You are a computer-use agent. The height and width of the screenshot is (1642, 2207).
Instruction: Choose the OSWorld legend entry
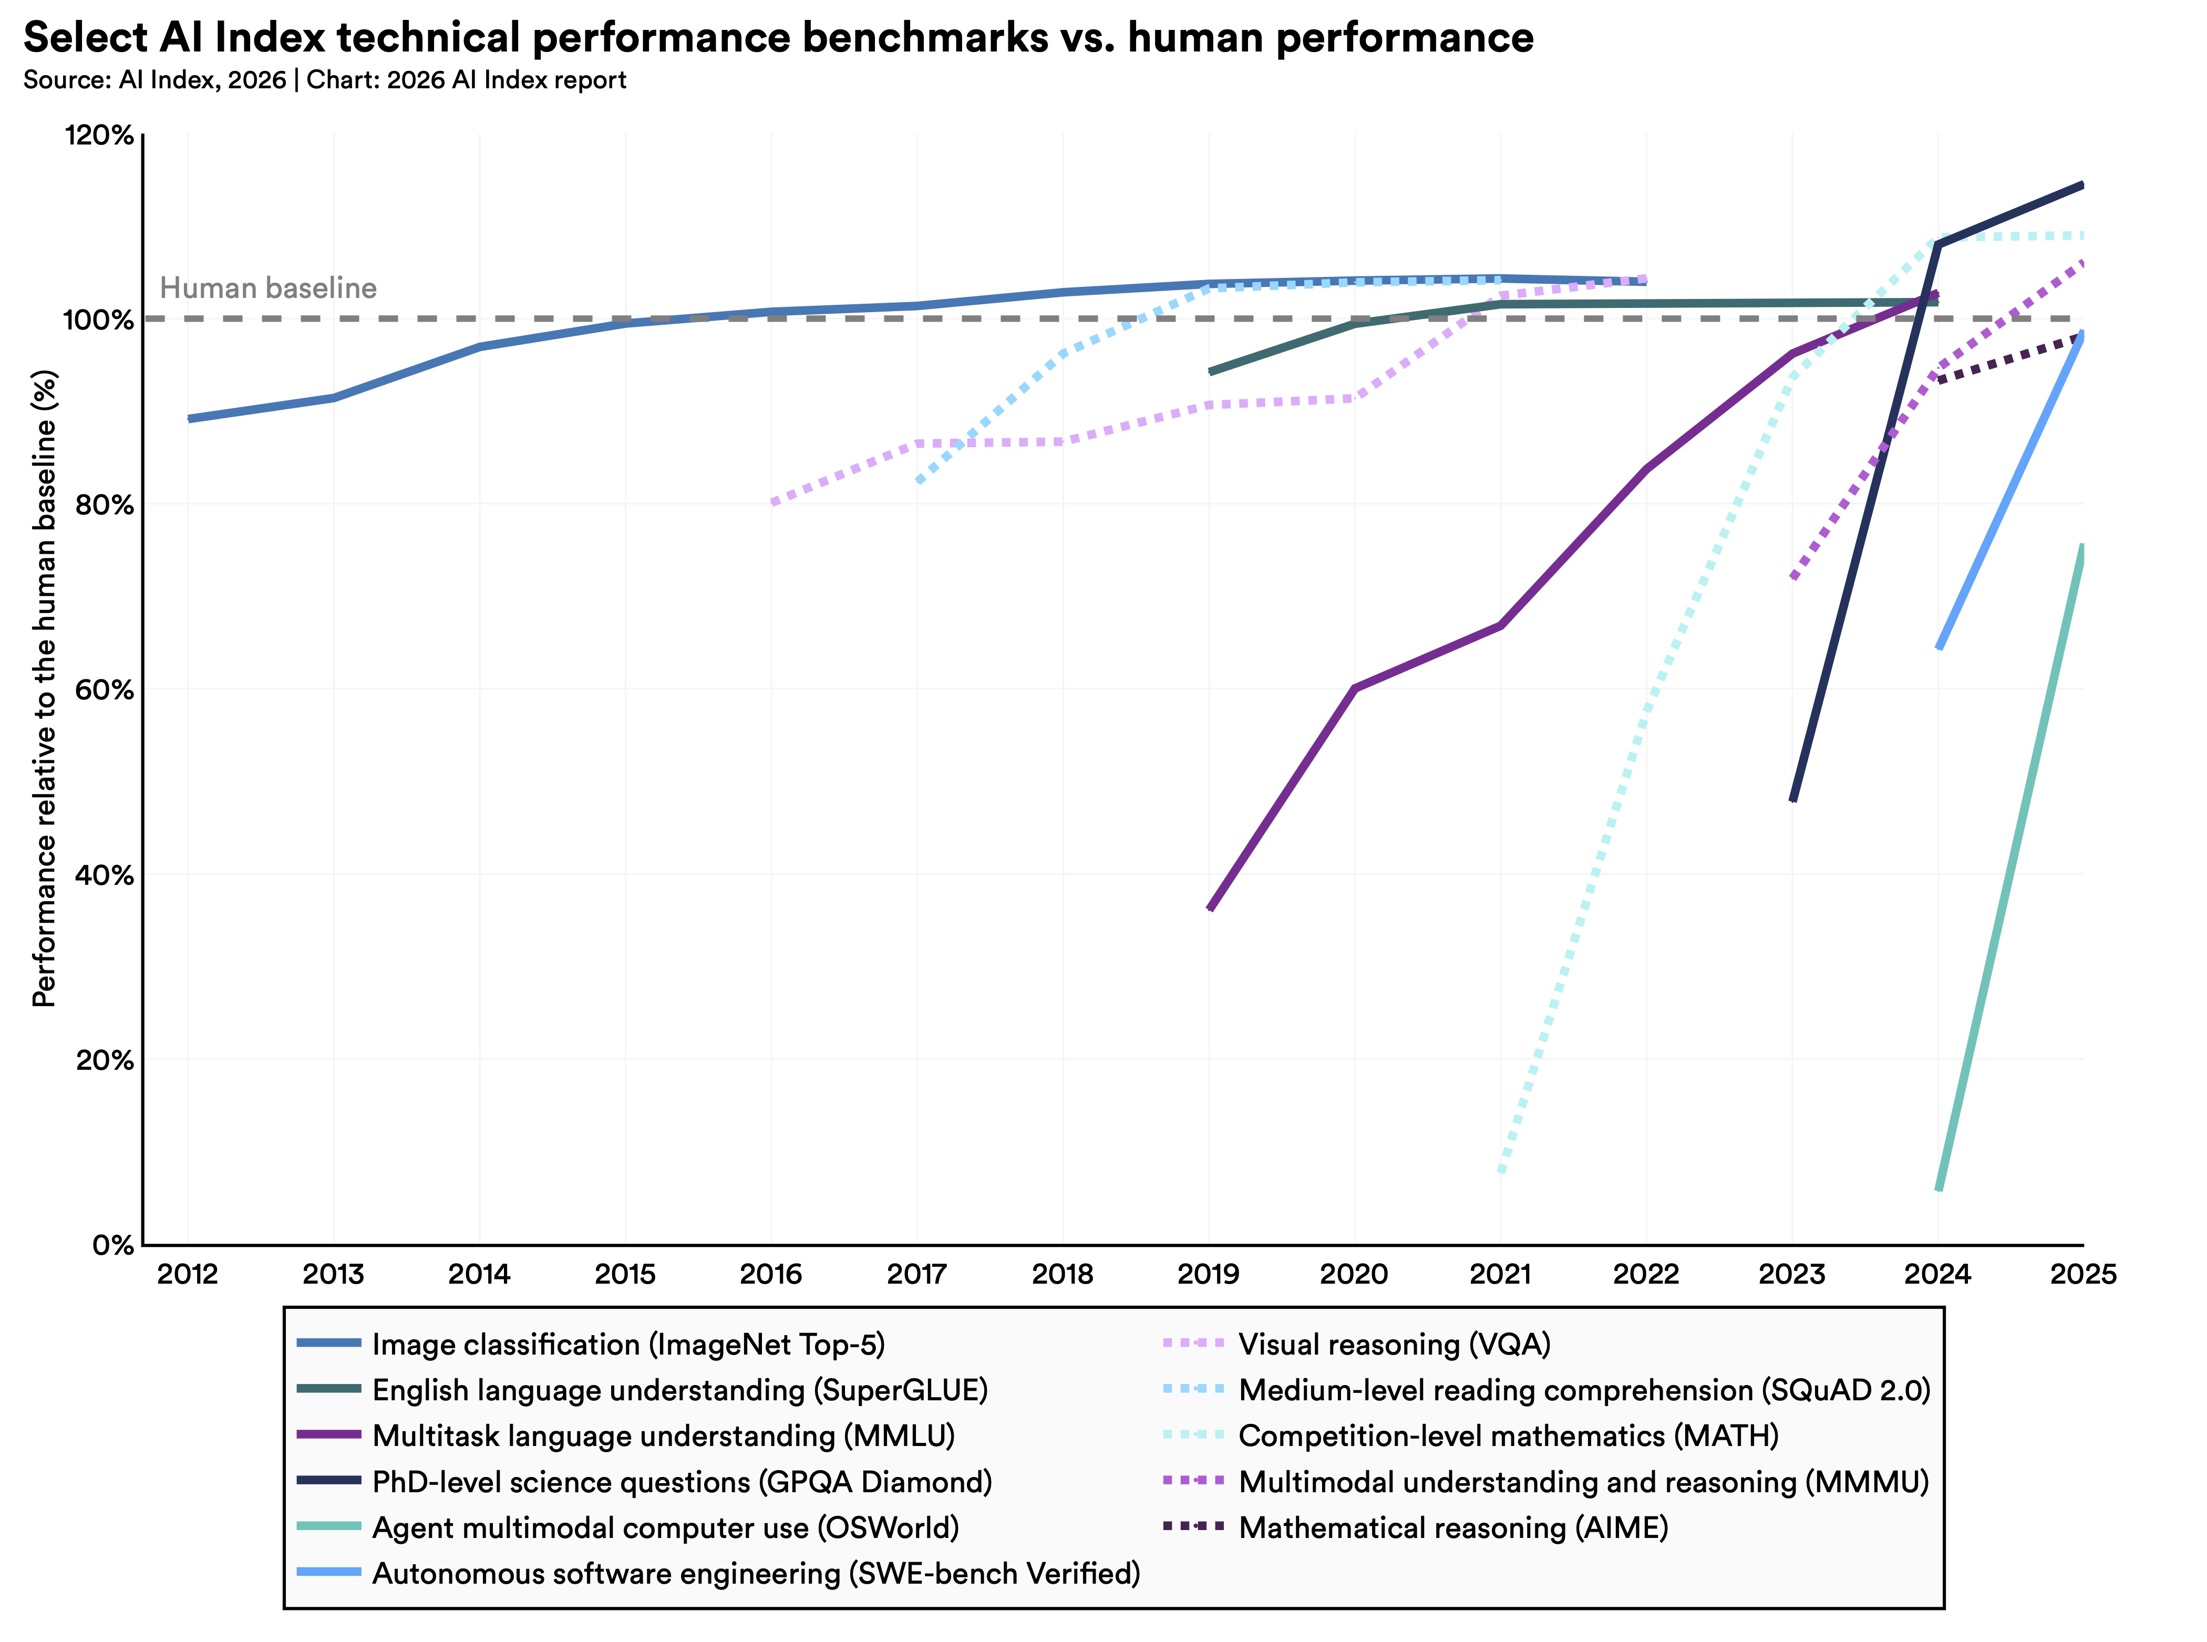664,1527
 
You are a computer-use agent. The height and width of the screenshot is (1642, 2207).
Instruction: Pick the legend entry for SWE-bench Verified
756,1573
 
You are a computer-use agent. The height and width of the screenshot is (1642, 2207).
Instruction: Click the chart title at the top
777,38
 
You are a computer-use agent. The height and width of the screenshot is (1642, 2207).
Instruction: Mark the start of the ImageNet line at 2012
189,418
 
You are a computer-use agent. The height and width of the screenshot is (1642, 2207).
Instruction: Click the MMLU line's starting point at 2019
1210,907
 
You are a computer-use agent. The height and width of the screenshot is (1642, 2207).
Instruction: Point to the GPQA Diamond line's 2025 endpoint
2082,185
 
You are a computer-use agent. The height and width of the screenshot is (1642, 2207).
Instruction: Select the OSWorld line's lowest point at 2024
1938,1189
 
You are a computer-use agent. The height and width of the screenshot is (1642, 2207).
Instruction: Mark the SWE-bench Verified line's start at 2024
1938,648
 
